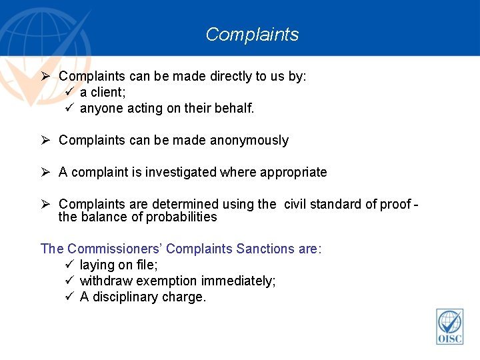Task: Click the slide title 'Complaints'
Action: coord(252,34)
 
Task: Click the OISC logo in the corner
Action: coord(449,327)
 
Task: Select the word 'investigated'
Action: coord(179,172)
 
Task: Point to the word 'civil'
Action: coord(297,204)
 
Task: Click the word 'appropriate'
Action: coord(293,172)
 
